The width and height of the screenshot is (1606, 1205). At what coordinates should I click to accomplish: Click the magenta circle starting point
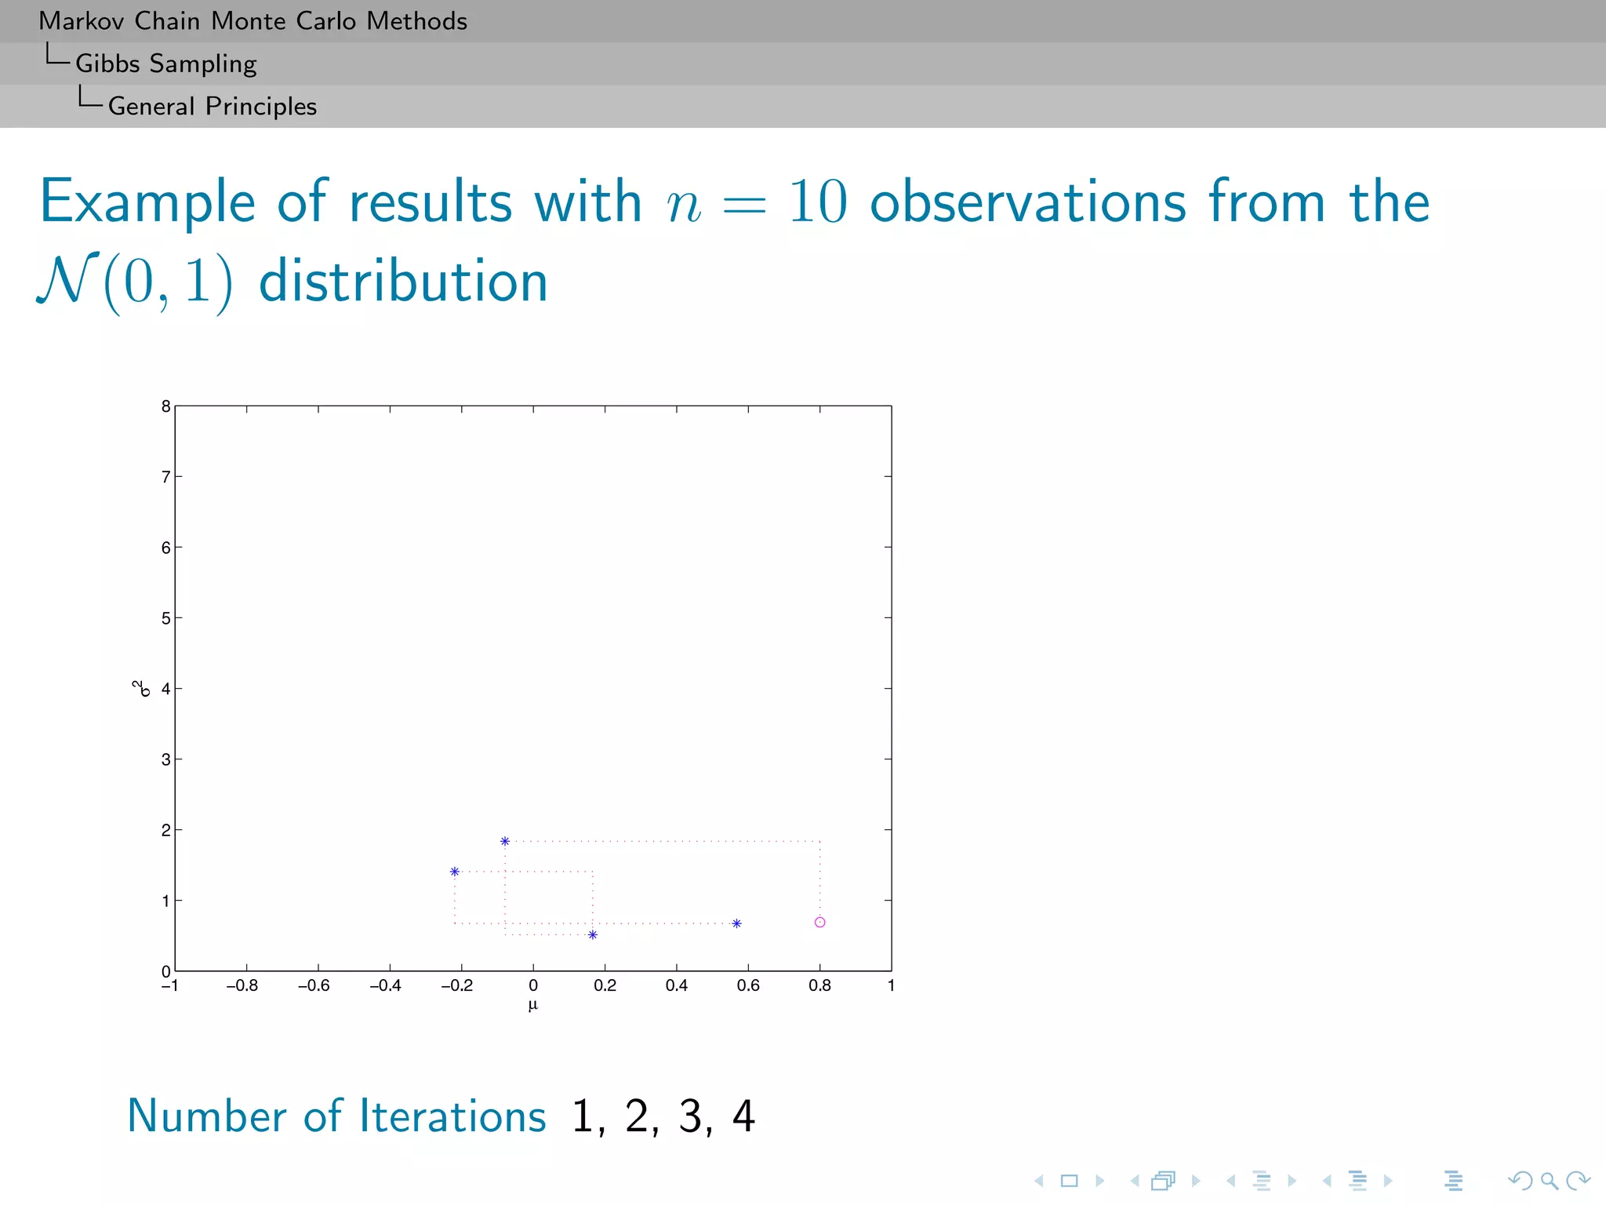[819, 922]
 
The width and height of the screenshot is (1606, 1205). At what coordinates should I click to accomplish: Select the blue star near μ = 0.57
[736, 923]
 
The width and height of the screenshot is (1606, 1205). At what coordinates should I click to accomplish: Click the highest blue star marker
[505, 841]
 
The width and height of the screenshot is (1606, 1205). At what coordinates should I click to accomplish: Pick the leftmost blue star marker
[455, 872]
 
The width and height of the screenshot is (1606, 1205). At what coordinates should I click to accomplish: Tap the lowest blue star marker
[593, 934]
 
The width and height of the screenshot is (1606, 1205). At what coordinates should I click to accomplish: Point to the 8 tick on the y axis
[166, 406]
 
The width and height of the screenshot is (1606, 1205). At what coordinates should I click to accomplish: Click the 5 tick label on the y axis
[166, 618]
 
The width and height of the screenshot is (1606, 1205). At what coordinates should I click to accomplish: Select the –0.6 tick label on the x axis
[314, 986]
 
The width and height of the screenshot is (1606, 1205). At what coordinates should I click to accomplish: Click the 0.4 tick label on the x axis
[677, 986]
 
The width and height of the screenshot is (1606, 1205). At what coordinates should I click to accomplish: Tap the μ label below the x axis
[533, 1005]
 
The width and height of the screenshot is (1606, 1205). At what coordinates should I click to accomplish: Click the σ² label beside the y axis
[141, 688]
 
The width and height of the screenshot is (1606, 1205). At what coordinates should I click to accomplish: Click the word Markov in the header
[82, 21]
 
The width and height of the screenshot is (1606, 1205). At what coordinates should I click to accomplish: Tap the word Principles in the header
[261, 106]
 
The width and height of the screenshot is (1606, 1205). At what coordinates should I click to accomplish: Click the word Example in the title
[147, 202]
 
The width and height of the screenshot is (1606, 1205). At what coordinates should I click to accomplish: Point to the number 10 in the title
[818, 202]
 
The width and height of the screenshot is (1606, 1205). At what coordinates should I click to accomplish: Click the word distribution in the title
[403, 282]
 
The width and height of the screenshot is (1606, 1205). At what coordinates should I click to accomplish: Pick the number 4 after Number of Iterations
[743, 1116]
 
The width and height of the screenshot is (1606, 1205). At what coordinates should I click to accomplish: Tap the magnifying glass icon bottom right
[1549, 1181]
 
